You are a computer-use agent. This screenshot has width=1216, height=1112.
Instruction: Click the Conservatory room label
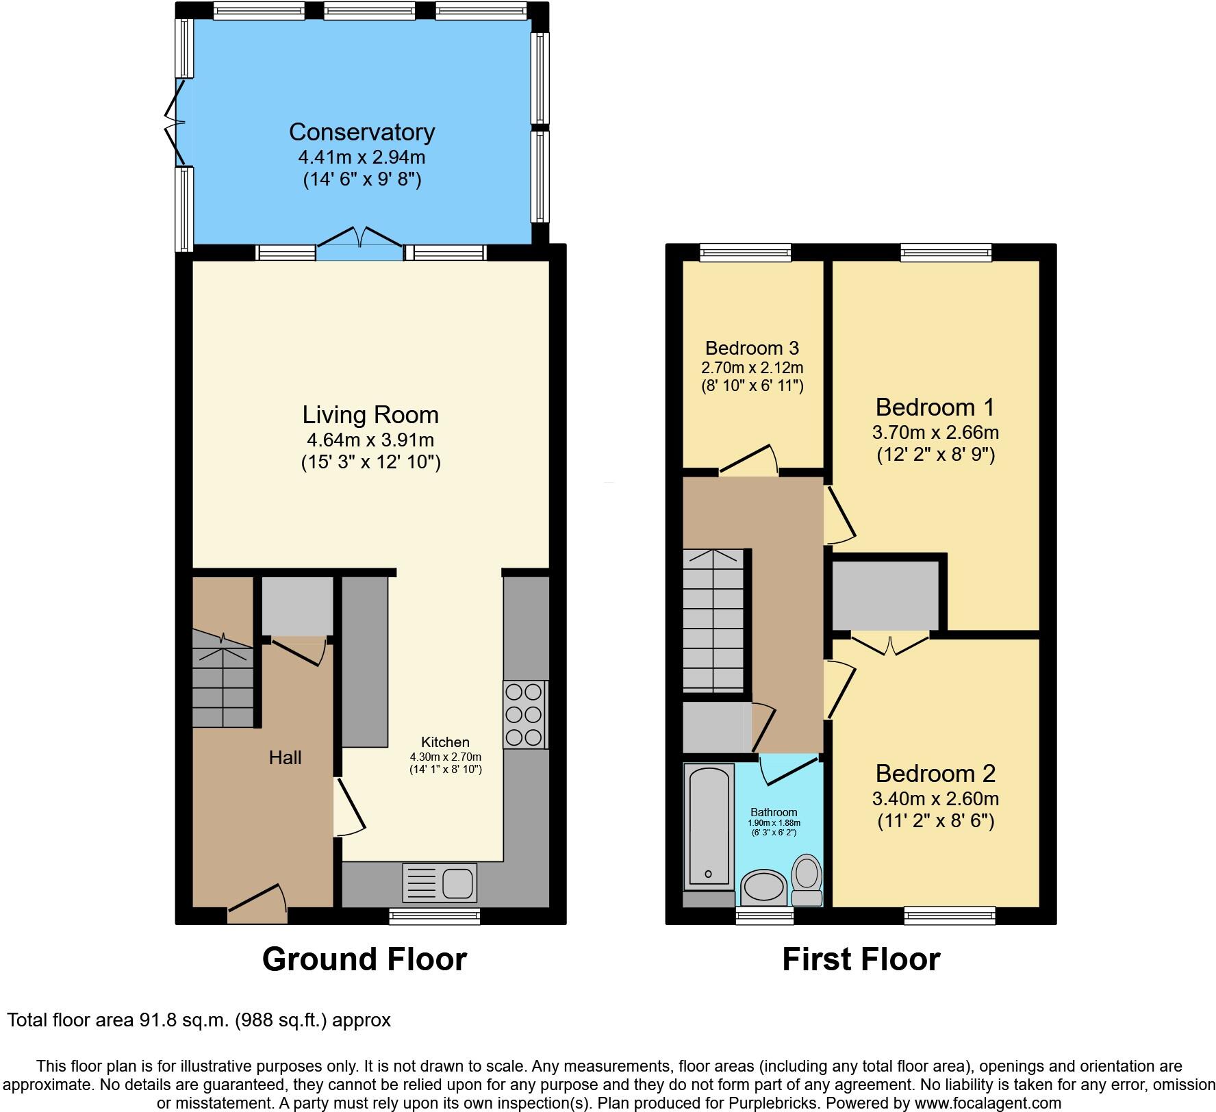coord(362,131)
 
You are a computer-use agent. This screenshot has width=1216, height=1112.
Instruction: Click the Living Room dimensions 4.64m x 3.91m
coord(370,440)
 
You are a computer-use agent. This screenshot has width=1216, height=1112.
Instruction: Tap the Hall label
coord(285,757)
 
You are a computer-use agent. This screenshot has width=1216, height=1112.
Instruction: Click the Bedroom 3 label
coord(752,348)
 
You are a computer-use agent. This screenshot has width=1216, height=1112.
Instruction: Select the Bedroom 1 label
coord(935,407)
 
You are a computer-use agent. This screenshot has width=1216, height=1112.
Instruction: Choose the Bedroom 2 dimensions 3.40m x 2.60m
coord(935,798)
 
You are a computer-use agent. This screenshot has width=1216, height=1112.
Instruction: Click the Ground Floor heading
coord(364,959)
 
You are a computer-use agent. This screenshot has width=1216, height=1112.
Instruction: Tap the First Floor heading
coord(861,959)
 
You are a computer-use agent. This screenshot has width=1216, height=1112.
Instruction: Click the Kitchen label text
coord(445,742)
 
